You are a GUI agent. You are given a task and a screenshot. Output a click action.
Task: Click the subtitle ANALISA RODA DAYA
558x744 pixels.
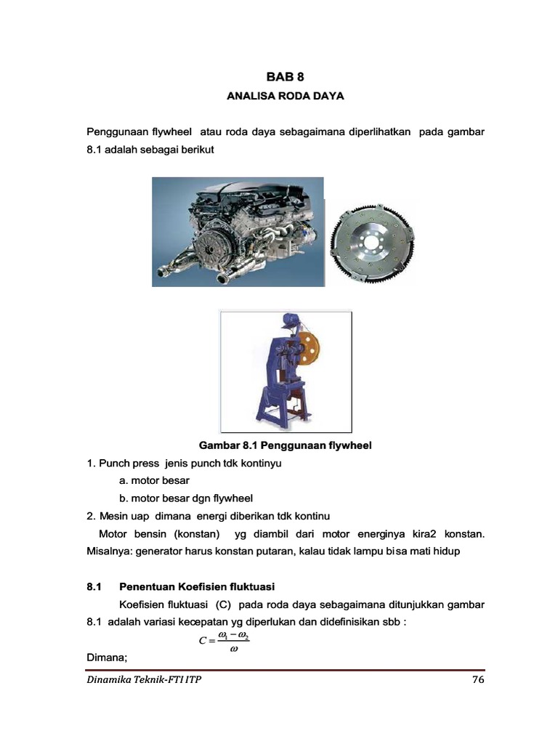click(x=286, y=95)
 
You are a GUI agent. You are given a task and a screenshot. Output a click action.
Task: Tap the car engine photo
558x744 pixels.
click(x=237, y=231)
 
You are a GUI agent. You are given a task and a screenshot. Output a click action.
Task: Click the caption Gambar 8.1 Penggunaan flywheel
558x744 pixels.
click(x=286, y=445)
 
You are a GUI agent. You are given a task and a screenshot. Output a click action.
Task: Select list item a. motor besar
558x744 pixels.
click(x=154, y=480)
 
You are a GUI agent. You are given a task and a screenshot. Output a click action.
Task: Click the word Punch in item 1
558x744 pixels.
click(x=114, y=463)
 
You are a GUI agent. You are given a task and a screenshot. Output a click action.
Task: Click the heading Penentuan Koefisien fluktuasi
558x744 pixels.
click(x=196, y=586)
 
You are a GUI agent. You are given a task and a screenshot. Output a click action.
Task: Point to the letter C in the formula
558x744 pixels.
click(x=203, y=640)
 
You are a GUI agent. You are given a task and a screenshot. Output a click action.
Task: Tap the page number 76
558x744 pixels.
click(x=477, y=680)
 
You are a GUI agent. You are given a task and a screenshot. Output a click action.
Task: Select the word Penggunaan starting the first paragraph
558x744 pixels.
click(x=118, y=132)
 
